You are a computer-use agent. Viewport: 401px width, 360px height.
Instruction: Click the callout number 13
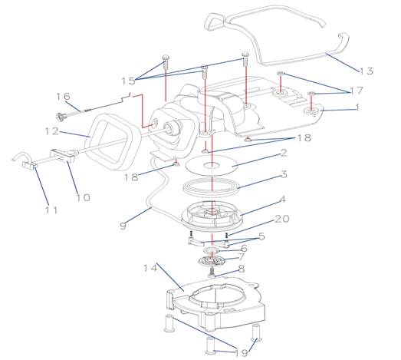(x=366, y=71)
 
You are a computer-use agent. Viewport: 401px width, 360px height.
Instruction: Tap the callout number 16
(x=63, y=96)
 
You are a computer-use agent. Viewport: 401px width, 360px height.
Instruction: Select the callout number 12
(x=51, y=131)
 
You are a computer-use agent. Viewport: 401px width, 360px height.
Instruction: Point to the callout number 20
(x=282, y=219)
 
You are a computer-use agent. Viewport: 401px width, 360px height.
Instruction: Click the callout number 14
(x=150, y=268)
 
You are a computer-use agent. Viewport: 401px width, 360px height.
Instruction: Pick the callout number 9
(x=123, y=226)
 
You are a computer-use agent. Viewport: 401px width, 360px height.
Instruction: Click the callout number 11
(x=51, y=210)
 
